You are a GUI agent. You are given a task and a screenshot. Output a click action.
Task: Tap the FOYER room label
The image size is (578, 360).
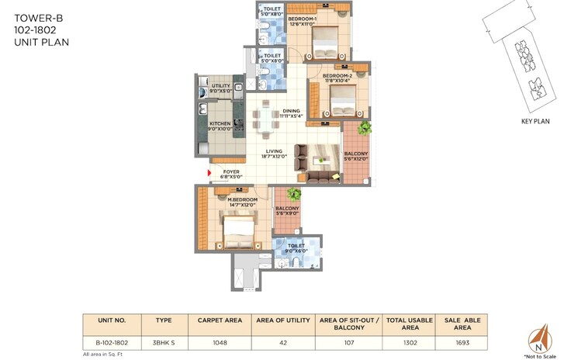tap(231, 174)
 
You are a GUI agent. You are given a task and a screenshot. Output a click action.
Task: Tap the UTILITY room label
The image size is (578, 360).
tap(221, 88)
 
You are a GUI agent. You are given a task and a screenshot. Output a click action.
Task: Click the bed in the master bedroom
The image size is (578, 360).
tap(237, 229)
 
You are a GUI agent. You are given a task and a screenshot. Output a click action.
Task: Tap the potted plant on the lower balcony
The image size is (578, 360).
tap(294, 194)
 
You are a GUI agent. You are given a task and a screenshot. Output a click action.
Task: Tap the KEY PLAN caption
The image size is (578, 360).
tap(535, 122)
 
